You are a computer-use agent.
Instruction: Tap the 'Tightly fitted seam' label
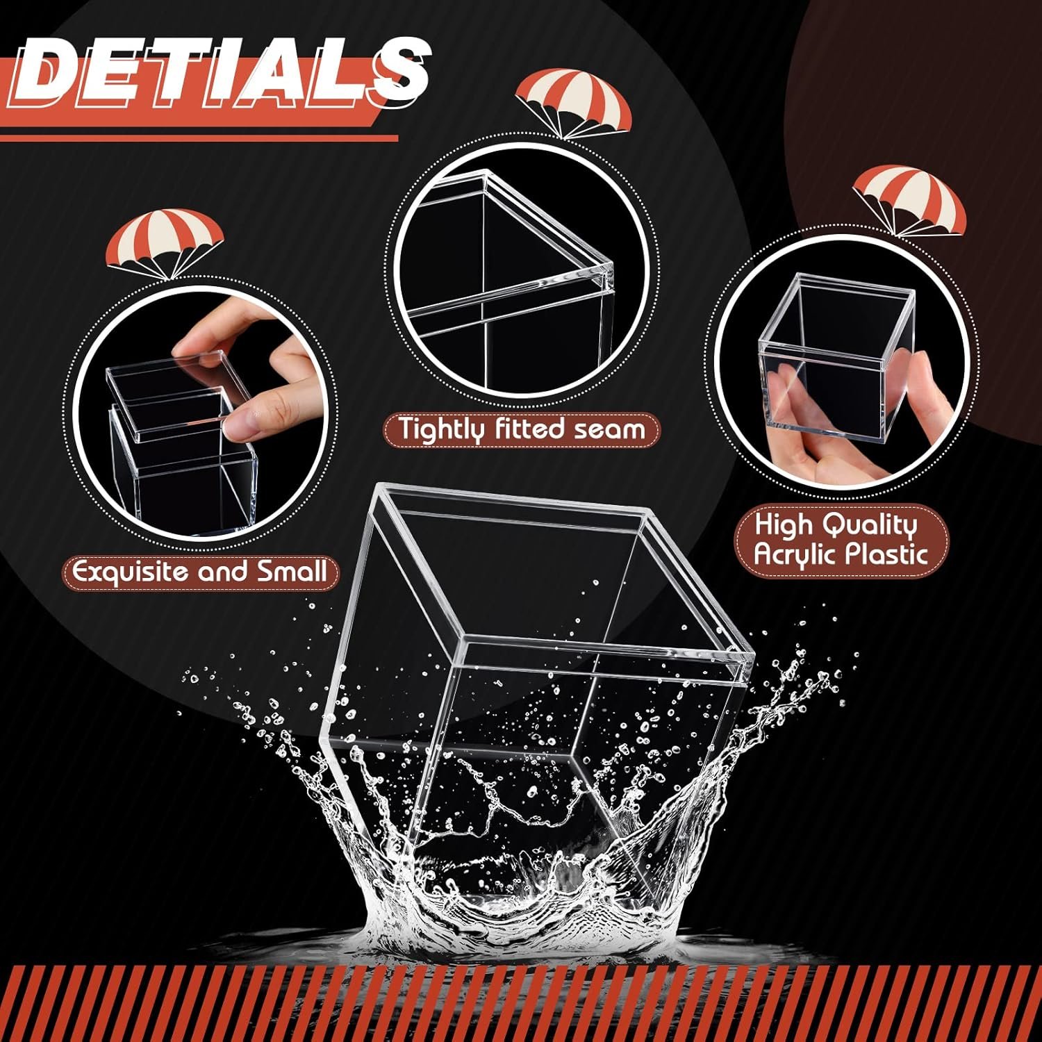[522, 429]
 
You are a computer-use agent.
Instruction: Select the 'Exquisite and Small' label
[199, 572]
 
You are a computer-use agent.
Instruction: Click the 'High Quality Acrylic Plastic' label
[841, 540]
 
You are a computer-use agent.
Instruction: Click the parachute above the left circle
[165, 243]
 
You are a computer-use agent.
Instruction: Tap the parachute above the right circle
[909, 198]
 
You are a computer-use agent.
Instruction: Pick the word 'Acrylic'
[795, 554]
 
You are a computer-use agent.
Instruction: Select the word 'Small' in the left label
[291, 572]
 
